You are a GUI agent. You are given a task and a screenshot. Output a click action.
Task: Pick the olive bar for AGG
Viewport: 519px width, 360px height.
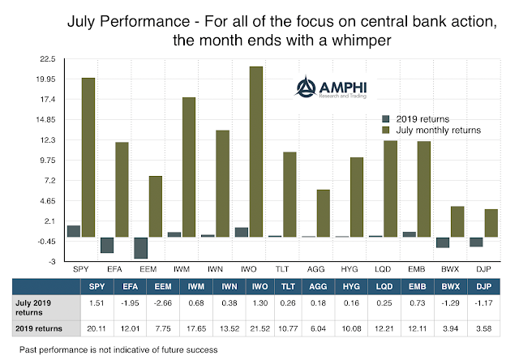pos(323,212)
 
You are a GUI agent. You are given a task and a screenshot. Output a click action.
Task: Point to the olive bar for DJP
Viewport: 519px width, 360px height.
pos(491,223)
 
